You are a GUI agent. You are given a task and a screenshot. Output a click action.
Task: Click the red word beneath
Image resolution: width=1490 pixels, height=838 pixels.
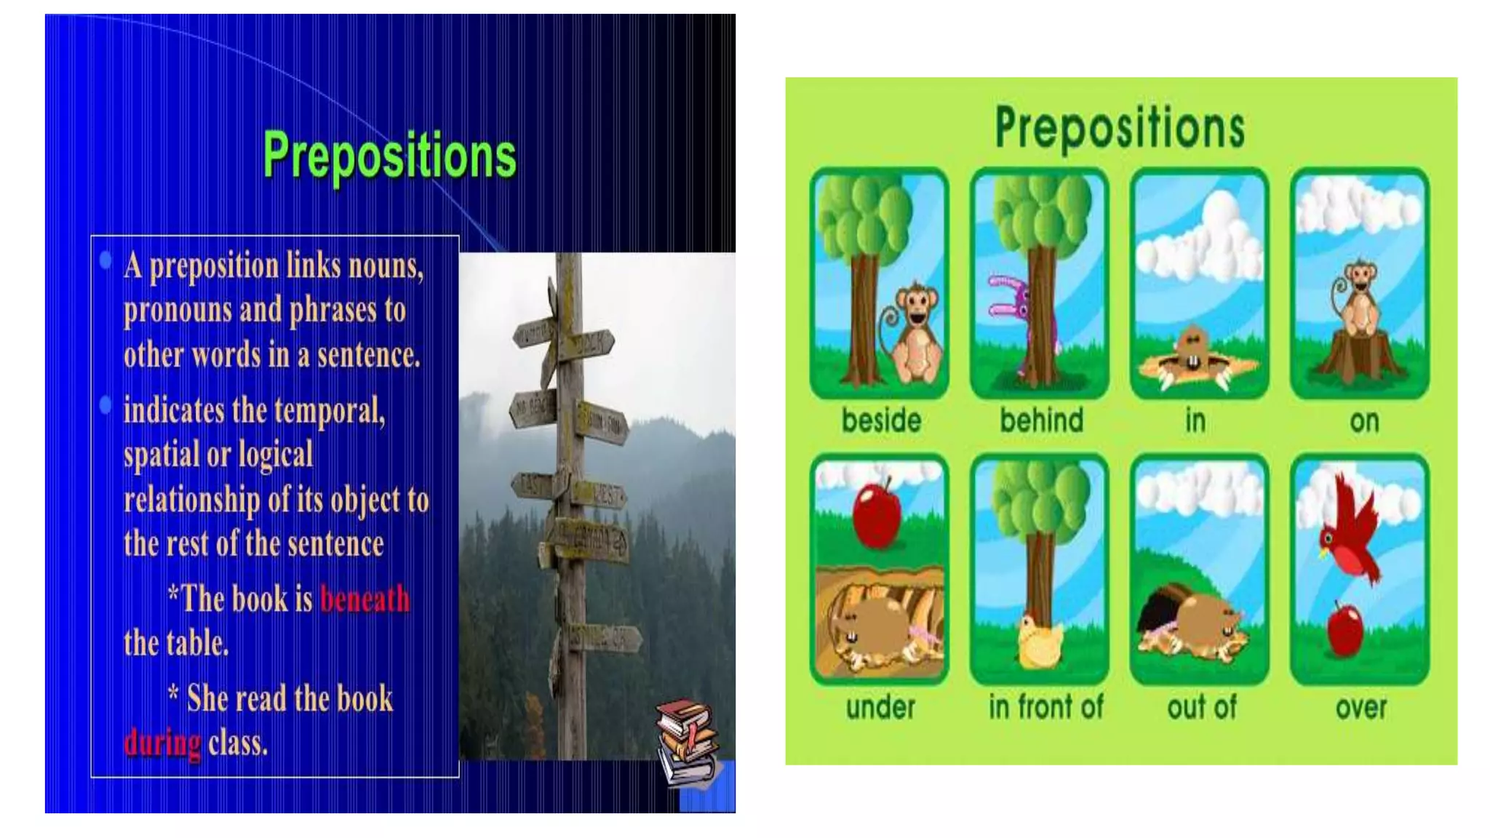tap(364, 599)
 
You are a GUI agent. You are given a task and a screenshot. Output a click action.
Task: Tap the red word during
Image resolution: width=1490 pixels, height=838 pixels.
tap(162, 743)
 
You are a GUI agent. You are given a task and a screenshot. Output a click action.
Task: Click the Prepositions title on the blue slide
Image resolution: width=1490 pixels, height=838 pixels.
tap(389, 156)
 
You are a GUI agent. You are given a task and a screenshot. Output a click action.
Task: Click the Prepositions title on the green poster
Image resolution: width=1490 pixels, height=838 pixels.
tap(1120, 128)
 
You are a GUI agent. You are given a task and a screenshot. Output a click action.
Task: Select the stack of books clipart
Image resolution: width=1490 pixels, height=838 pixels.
tap(687, 742)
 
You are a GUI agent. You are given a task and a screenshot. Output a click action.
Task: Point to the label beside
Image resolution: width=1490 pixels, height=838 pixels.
tap(881, 420)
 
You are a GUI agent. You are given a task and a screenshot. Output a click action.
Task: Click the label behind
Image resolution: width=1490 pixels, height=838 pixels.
tap(1041, 420)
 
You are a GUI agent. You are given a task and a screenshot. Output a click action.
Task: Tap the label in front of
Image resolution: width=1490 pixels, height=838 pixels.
tap(1045, 706)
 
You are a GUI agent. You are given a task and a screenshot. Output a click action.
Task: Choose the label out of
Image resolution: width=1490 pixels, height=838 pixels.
tap(1201, 707)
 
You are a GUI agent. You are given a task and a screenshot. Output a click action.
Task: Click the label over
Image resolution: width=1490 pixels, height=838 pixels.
tap(1360, 707)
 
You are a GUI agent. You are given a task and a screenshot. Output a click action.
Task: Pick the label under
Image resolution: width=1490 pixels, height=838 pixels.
tap(880, 707)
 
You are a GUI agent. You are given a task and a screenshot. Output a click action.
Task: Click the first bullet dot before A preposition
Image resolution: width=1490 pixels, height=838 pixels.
tap(106, 260)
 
